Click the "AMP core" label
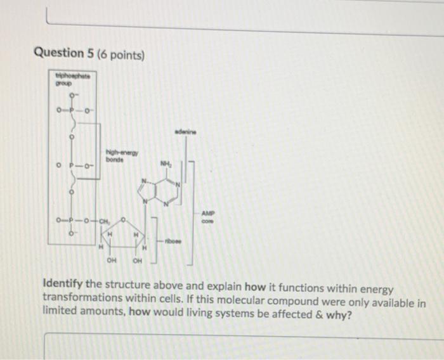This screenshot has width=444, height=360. click(x=208, y=217)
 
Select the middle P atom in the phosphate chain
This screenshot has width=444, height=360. click(x=71, y=167)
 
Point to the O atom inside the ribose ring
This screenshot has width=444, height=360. click(x=124, y=220)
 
